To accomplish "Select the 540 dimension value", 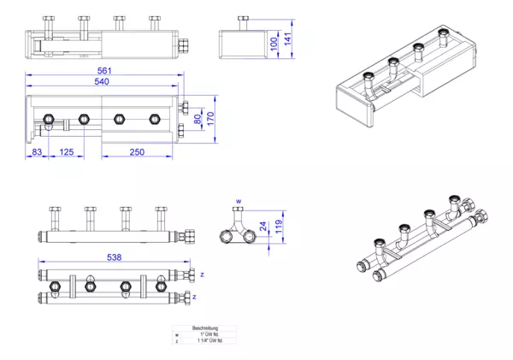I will pos(102,83).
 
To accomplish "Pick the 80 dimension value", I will pos(196,116).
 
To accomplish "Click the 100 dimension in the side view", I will pos(273,43).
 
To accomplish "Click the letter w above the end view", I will pos(239,201).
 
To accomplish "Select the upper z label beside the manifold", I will pos(203,274).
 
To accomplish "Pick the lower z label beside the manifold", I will pos(195,297).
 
